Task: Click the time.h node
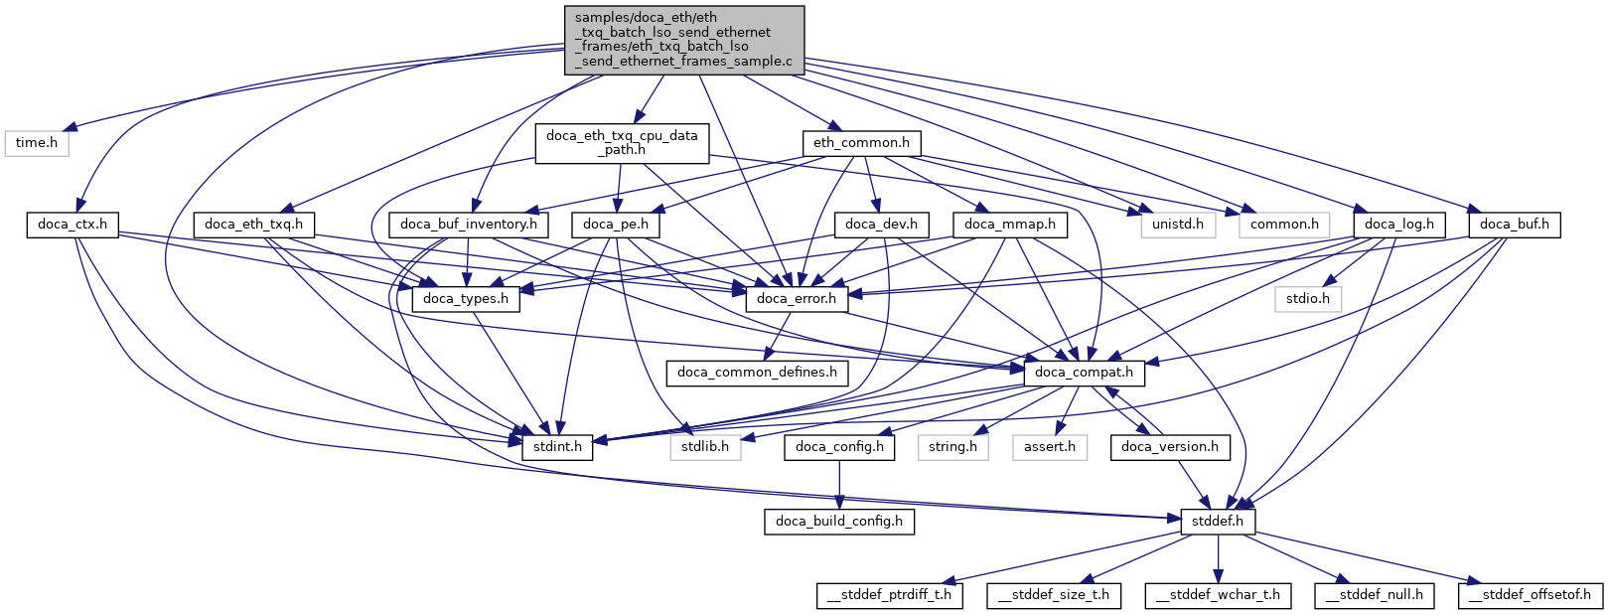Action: pyautogui.click(x=37, y=143)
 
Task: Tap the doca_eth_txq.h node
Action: pyautogui.click(x=253, y=225)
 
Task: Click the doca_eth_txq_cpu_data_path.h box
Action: pyautogui.click(x=622, y=143)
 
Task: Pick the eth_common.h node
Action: pyautogui.click(x=861, y=143)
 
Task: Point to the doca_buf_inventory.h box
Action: pyautogui.click(x=469, y=225)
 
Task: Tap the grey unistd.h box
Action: pyautogui.click(x=1177, y=225)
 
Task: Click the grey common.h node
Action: pyautogui.click(x=1284, y=225)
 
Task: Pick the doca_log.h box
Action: pyautogui.click(x=1398, y=225)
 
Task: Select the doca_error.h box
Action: pyautogui.click(x=797, y=298)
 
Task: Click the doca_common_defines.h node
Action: pyautogui.click(x=757, y=373)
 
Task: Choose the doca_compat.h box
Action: pyautogui.click(x=1084, y=373)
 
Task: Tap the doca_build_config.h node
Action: pyautogui.click(x=839, y=522)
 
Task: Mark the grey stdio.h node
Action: pyautogui.click(x=1309, y=298)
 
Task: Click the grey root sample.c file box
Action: pyautogui.click(x=684, y=40)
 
